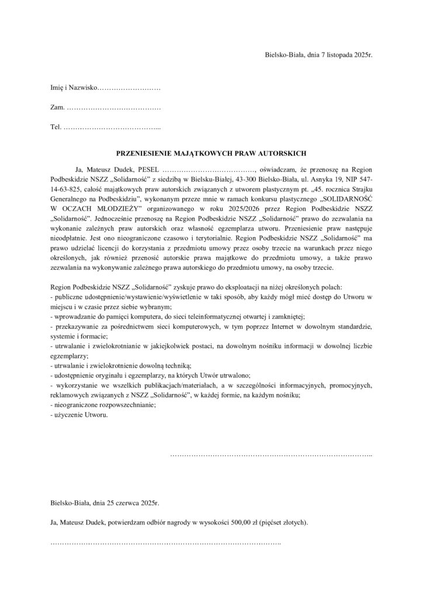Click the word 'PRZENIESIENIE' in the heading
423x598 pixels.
(x=145, y=154)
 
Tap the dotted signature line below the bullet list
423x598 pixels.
(x=271, y=454)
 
